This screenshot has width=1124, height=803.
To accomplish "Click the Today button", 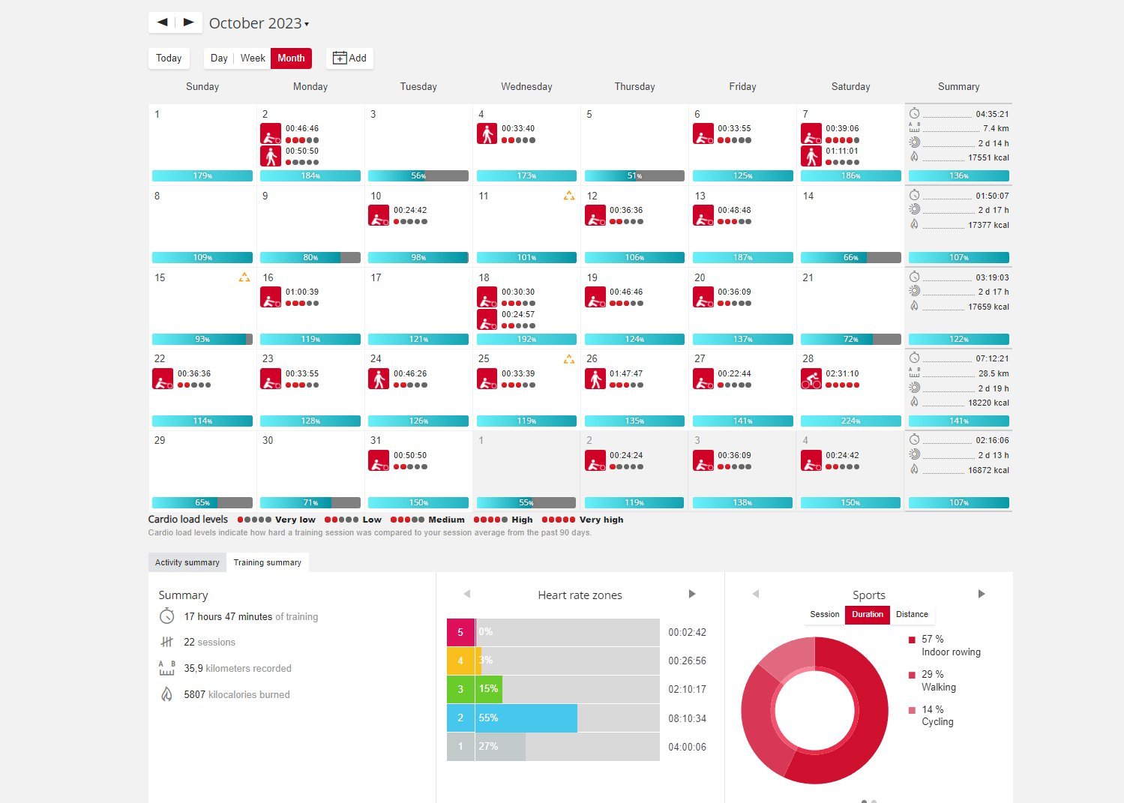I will (169, 58).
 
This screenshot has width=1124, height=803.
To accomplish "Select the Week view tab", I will (253, 58).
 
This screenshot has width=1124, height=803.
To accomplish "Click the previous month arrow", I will (162, 22).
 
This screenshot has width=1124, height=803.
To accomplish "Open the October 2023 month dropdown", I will (259, 23).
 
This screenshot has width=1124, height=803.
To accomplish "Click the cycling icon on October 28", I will (811, 379).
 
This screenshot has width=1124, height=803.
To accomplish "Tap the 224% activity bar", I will (850, 421).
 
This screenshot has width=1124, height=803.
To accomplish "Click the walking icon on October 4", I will (487, 134).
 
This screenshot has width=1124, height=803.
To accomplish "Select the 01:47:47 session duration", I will (625, 373).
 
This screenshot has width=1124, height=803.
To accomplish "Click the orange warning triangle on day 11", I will (569, 196).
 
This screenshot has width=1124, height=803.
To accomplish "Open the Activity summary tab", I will (187, 562).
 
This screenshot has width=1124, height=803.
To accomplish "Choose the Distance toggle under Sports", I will (912, 615).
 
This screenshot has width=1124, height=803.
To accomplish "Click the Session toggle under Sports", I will (824, 615).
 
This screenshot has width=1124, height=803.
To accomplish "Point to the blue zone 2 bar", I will (526, 718).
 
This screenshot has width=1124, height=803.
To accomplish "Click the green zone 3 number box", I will (460, 689).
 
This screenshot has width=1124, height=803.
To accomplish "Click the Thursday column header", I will (634, 87).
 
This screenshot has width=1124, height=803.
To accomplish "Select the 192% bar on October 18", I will (526, 340).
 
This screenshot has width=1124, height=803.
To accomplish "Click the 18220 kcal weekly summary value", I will (988, 403).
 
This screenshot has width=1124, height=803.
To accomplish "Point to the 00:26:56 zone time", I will (687, 661).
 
